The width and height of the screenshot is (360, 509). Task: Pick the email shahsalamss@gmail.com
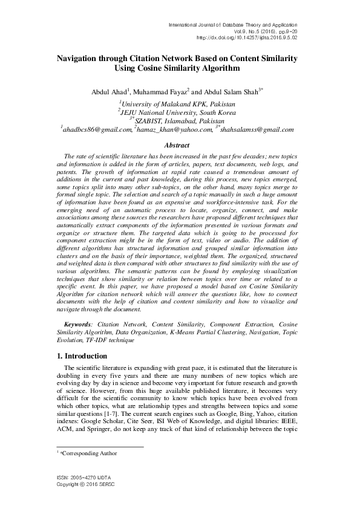[257, 129]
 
